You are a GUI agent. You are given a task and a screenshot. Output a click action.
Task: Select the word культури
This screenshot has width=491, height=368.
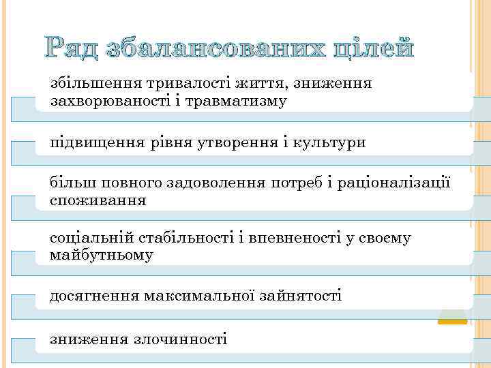pos(329,143)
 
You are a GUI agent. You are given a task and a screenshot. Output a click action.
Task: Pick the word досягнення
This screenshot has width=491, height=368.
pos(94,296)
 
